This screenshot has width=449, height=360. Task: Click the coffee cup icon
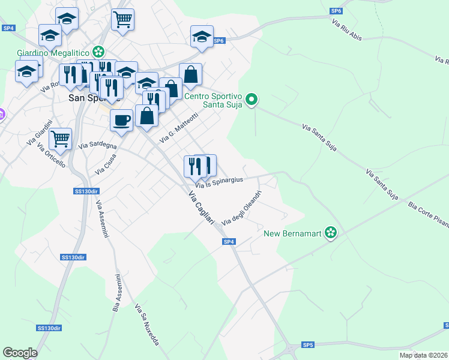pos(121,120)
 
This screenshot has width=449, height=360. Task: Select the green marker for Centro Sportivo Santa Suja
pos(252,100)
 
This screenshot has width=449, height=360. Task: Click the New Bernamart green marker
pos(330,232)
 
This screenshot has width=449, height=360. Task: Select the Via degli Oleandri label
pos(242,208)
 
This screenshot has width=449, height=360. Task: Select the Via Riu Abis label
pos(351,29)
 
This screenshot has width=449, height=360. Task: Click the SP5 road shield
pos(307,345)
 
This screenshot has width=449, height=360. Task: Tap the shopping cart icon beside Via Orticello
pos(60,139)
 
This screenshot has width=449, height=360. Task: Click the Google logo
pos(20,353)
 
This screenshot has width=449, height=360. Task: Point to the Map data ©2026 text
pos(424,355)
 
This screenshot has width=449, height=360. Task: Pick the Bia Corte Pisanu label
pos(428,214)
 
